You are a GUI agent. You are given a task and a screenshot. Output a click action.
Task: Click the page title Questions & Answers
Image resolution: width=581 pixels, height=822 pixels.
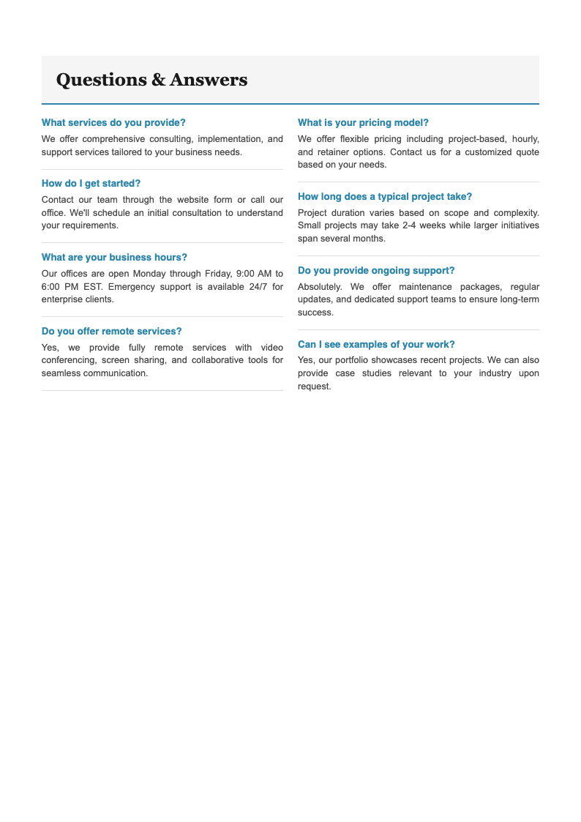(x=151, y=80)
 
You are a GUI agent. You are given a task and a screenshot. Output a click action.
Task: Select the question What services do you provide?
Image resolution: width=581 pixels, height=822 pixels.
(x=113, y=123)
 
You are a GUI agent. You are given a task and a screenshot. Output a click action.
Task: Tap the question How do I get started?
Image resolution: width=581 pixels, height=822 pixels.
(x=91, y=184)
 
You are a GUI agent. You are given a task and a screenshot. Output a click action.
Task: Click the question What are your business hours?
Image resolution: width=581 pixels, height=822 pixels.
(x=114, y=258)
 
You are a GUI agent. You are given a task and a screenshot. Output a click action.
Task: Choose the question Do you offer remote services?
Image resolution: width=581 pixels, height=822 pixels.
(x=111, y=332)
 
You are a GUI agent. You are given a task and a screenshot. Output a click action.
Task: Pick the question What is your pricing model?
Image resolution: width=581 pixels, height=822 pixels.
(x=363, y=123)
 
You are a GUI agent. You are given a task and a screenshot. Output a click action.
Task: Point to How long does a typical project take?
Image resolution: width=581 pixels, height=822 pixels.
(x=385, y=197)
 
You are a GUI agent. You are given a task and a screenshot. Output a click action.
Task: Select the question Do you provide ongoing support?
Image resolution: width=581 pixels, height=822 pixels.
(x=376, y=271)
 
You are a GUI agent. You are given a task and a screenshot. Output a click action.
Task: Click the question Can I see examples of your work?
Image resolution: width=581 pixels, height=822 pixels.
(x=376, y=345)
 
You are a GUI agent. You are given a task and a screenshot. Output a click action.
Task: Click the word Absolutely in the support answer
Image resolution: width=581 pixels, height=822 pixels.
(x=319, y=287)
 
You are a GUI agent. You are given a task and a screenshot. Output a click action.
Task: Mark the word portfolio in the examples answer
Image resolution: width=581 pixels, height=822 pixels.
(x=355, y=361)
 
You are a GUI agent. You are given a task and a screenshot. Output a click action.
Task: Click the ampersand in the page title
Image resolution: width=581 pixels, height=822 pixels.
(x=158, y=80)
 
